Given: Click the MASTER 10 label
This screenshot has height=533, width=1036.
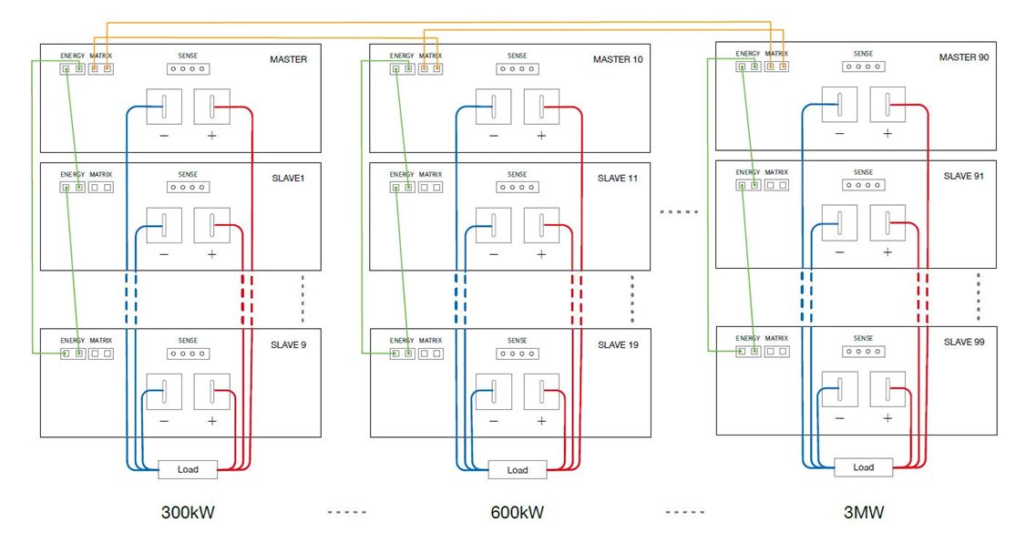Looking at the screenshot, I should click(x=618, y=60).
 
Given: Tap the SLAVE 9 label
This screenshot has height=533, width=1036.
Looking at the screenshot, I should click(x=288, y=345).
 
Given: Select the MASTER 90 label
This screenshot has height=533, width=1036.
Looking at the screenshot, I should click(x=964, y=57).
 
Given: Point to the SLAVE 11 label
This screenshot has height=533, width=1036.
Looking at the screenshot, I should click(x=617, y=179).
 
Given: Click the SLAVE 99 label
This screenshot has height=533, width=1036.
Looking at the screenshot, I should click(x=963, y=343).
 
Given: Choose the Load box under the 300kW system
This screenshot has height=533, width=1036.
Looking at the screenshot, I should click(x=188, y=470).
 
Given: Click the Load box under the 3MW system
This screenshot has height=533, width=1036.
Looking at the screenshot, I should click(x=863, y=467).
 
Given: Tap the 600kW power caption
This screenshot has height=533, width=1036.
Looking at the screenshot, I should click(x=517, y=513).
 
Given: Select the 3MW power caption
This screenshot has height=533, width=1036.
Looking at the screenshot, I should click(x=863, y=513).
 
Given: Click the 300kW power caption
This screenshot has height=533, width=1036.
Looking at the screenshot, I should click(x=188, y=513).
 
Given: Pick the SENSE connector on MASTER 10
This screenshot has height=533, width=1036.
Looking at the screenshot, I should click(x=518, y=69).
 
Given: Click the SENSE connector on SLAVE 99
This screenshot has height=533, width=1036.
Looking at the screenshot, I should click(x=863, y=352).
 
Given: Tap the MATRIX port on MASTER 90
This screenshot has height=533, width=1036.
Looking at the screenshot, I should click(x=776, y=67).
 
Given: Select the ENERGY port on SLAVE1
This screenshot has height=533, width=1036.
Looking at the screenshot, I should click(x=72, y=188).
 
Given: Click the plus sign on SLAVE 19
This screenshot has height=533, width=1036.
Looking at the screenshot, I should click(x=541, y=421).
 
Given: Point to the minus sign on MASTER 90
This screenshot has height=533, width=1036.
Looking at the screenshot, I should click(x=839, y=134).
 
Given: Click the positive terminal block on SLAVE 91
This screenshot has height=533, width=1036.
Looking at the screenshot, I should click(x=887, y=222).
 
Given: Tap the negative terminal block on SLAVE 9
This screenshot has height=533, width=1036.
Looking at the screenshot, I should click(x=164, y=392).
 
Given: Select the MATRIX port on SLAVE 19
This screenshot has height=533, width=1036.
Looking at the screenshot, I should click(x=431, y=354).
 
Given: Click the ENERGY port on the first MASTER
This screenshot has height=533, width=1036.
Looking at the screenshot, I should click(x=72, y=69).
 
